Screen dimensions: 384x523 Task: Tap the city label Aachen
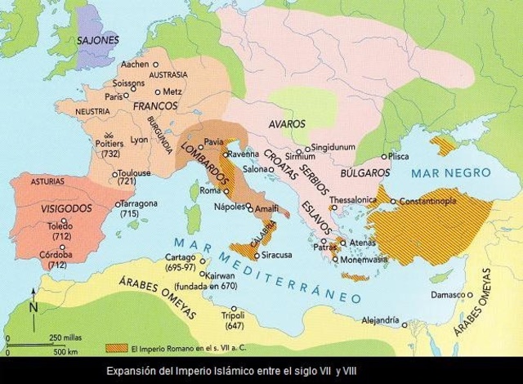tap(133, 63)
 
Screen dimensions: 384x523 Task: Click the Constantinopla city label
tap(433, 200)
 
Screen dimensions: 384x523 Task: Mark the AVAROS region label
tap(286, 124)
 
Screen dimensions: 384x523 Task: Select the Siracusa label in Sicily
tap(280, 254)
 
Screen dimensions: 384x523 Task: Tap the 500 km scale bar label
tap(65, 353)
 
